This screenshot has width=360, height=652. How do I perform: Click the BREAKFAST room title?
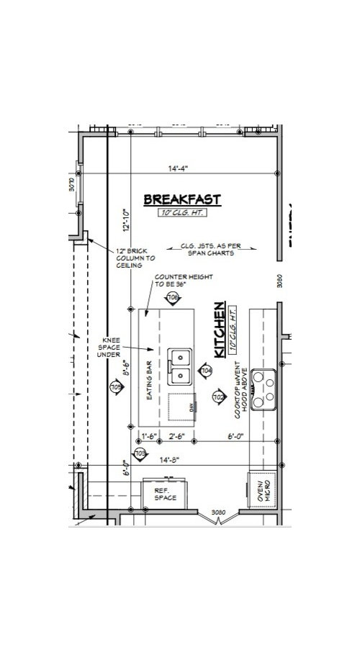181,199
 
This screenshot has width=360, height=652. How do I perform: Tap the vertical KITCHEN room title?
220,326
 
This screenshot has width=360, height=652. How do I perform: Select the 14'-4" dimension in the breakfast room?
178,170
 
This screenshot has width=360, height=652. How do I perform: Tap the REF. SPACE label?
166,494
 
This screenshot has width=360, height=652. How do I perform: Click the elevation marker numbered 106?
172,297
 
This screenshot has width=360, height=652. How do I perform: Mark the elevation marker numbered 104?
206,370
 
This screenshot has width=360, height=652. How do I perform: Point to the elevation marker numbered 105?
115,386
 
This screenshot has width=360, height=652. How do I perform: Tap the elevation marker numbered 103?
141,453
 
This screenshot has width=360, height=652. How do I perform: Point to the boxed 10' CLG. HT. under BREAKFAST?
182,213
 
